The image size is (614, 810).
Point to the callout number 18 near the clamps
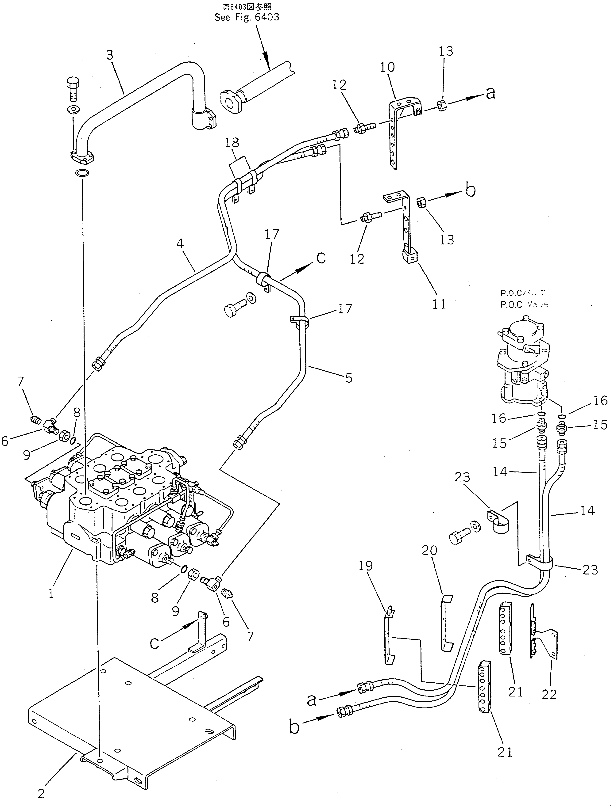[233, 142]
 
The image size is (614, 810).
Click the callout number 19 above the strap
[366, 566]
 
